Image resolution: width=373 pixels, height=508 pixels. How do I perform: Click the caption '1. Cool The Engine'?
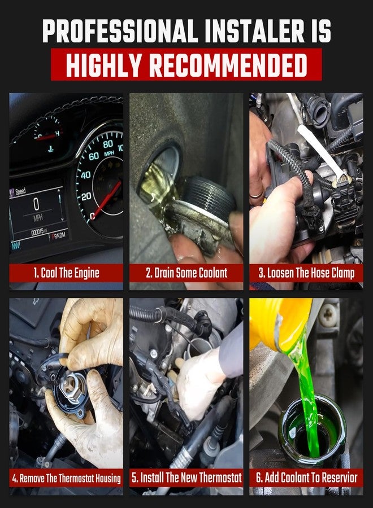click(66, 273)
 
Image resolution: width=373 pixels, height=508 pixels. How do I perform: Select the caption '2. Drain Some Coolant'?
click(186, 273)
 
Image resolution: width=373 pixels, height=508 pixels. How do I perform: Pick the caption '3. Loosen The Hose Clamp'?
click(306, 273)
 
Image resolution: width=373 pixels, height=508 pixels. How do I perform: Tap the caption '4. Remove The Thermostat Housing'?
click(66, 478)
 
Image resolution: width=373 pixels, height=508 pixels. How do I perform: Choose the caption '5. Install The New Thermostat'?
click(186, 477)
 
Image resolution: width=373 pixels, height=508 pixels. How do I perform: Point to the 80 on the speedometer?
click(108, 144)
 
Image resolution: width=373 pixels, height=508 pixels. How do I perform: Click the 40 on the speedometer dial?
click(86, 176)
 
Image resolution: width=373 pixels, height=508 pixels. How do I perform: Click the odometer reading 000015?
click(38, 233)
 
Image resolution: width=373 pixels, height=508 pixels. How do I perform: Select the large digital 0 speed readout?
click(36, 204)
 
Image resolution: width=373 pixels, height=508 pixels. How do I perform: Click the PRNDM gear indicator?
click(58, 236)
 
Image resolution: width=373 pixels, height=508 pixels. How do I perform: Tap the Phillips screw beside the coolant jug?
click(328, 314)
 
